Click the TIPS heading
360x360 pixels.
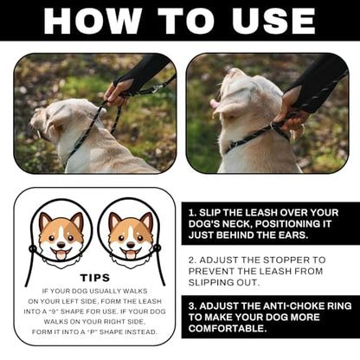click(95, 278)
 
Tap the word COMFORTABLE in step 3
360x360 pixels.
click(228, 329)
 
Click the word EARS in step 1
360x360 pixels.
click(293, 235)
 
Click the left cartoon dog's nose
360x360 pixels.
click(61, 245)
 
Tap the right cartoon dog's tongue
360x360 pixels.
click(131, 254)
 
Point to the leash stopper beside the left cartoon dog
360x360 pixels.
click(32, 248)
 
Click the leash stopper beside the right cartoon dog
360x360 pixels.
click(157, 247)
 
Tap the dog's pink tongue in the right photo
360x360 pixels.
click(214, 103)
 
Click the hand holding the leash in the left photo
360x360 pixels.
click(117, 91)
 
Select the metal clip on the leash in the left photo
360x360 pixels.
click(156, 88)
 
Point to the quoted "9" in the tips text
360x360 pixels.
click(53, 312)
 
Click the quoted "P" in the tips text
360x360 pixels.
click(92, 332)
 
